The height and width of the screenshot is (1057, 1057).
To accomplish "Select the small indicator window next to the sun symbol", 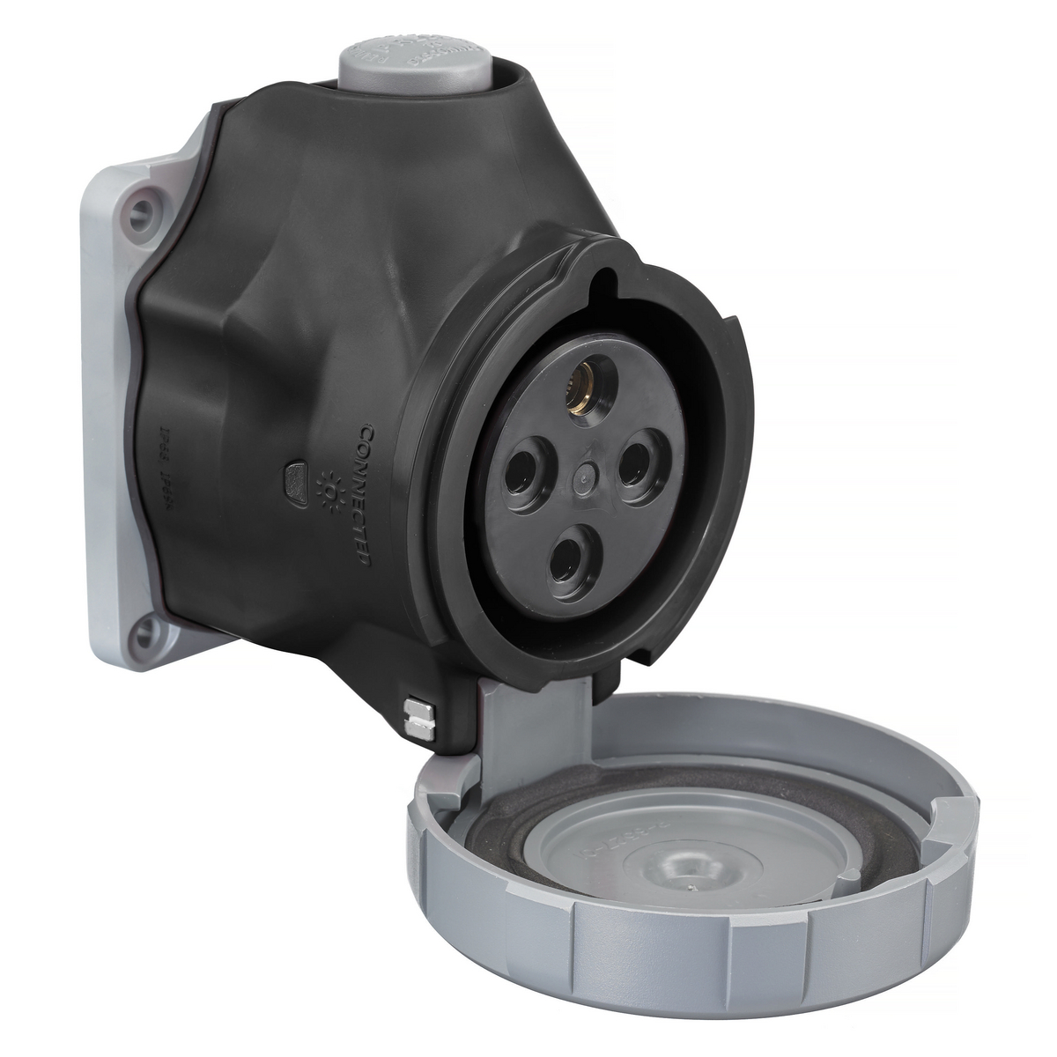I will tap(294, 479).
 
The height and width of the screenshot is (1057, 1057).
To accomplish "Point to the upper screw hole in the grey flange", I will tap(138, 211).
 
